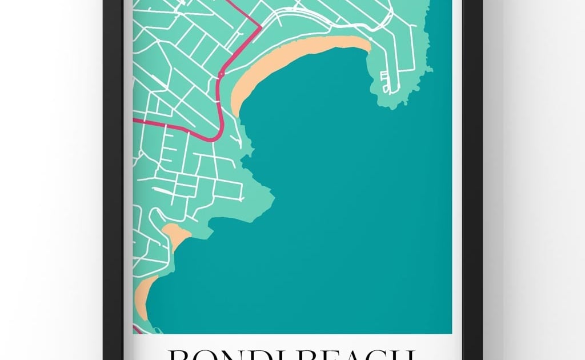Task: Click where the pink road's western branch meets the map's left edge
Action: click(135, 121)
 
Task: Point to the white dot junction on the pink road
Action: click(220, 75)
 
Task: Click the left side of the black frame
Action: click(114, 171)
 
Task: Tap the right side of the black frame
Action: click(472, 171)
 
